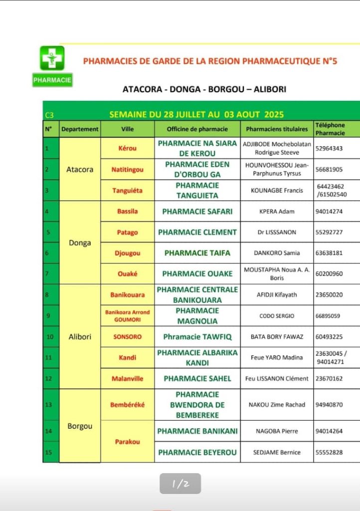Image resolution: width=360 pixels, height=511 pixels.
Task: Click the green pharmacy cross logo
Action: point(52,58)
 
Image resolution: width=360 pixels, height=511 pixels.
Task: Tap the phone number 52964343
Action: point(329,149)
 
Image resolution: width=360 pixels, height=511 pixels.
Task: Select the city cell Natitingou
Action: point(127,170)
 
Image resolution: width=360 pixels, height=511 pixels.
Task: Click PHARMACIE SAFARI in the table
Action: point(197,212)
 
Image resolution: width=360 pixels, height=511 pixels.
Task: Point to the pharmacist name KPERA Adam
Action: point(277,212)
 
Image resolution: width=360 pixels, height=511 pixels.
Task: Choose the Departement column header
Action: point(80,129)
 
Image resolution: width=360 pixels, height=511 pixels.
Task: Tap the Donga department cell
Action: point(80,243)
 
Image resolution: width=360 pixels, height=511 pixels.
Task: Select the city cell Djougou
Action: point(127,254)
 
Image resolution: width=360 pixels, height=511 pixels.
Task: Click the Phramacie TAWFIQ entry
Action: point(197,337)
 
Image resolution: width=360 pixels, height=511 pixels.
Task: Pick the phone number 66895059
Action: point(329,316)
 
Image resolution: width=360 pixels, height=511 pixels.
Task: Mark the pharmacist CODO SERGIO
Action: point(277,316)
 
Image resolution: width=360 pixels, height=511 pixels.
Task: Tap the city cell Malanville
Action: point(127,379)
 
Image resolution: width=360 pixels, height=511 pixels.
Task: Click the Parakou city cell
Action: point(127,442)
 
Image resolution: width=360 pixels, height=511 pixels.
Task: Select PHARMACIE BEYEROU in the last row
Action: point(197,453)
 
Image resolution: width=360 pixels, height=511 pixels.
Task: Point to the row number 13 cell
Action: point(50,405)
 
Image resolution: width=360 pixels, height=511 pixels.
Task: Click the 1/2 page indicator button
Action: point(180,484)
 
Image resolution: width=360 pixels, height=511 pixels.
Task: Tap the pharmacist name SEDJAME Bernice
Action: point(277,453)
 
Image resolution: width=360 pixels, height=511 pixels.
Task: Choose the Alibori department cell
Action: point(80,337)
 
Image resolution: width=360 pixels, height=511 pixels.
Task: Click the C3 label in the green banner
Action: point(49,115)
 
